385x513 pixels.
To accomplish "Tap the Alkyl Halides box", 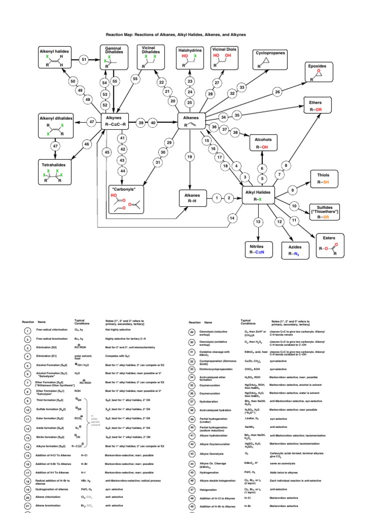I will (259, 195).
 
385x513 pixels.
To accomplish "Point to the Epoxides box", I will (317, 73).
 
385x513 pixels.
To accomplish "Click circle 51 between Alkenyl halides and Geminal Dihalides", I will (84, 60).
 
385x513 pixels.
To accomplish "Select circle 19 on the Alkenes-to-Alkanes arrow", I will (190, 157).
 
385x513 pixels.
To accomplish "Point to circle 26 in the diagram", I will (277, 92).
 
